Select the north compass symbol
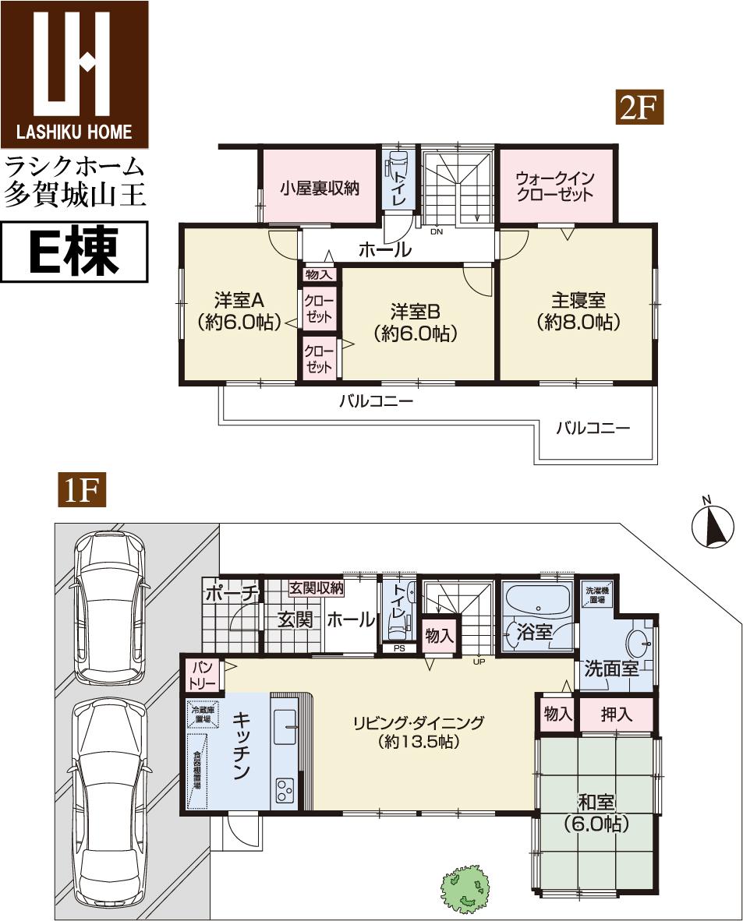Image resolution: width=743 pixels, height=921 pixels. (713, 527)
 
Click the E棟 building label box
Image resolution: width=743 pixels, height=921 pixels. (74, 252)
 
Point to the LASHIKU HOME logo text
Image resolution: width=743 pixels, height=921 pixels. (75, 132)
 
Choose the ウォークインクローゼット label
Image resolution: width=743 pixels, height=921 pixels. (555, 186)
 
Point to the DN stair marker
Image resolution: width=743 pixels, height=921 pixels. (437, 231)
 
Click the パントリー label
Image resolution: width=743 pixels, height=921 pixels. (203, 675)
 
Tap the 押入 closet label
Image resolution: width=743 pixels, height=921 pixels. (617, 715)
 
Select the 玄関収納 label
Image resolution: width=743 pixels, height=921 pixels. (317, 588)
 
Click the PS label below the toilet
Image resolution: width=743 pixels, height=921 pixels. (399, 648)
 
